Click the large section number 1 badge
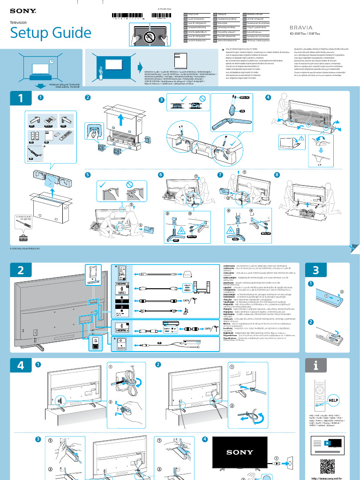click(x=20, y=98)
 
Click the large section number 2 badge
click(x=20, y=270)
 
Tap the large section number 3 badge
click(x=315, y=270)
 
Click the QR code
click(x=327, y=466)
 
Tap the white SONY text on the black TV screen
click(x=240, y=452)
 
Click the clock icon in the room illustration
click(x=50, y=61)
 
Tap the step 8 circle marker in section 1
click(x=277, y=175)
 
